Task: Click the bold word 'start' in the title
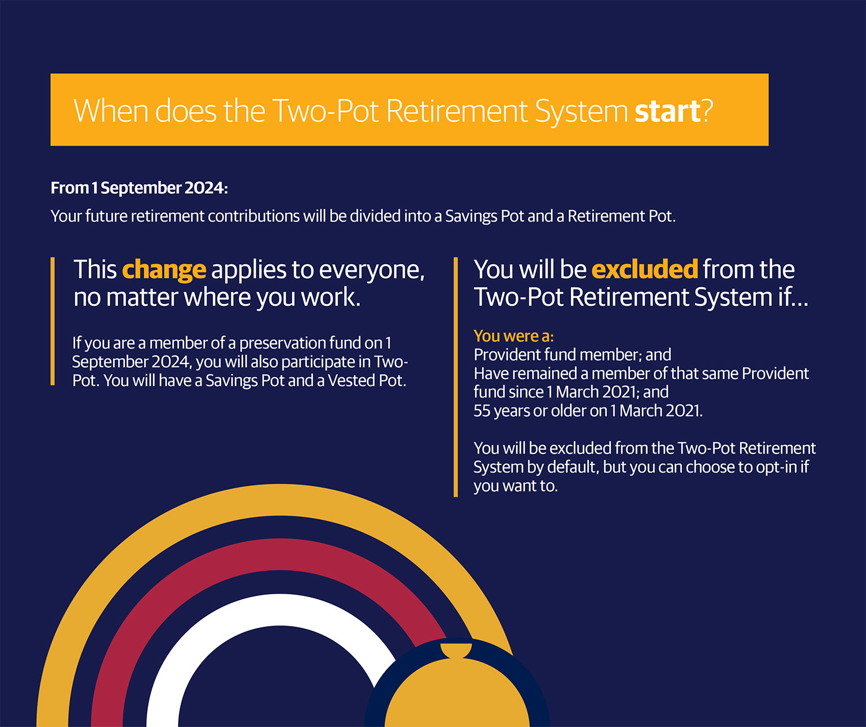(x=667, y=111)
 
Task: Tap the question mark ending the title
(x=707, y=111)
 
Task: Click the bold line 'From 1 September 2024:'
(x=139, y=188)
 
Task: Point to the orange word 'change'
(x=164, y=270)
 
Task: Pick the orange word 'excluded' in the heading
(x=644, y=269)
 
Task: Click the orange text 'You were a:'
(x=513, y=336)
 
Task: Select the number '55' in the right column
(x=482, y=411)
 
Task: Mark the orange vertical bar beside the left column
(x=53, y=321)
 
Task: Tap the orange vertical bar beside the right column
(x=456, y=377)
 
